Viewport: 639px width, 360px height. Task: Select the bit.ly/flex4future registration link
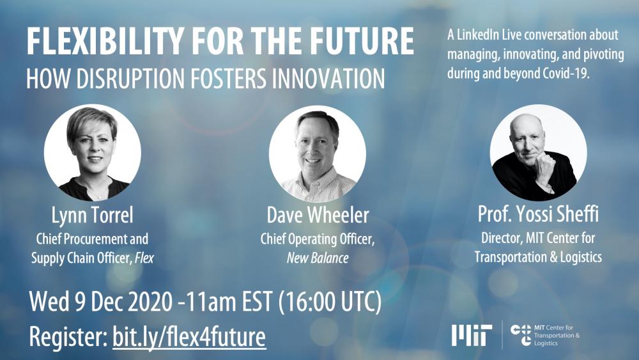[189, 336]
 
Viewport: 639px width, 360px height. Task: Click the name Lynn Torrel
[92, 215]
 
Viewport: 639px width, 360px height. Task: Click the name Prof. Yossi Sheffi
[538, 215]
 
